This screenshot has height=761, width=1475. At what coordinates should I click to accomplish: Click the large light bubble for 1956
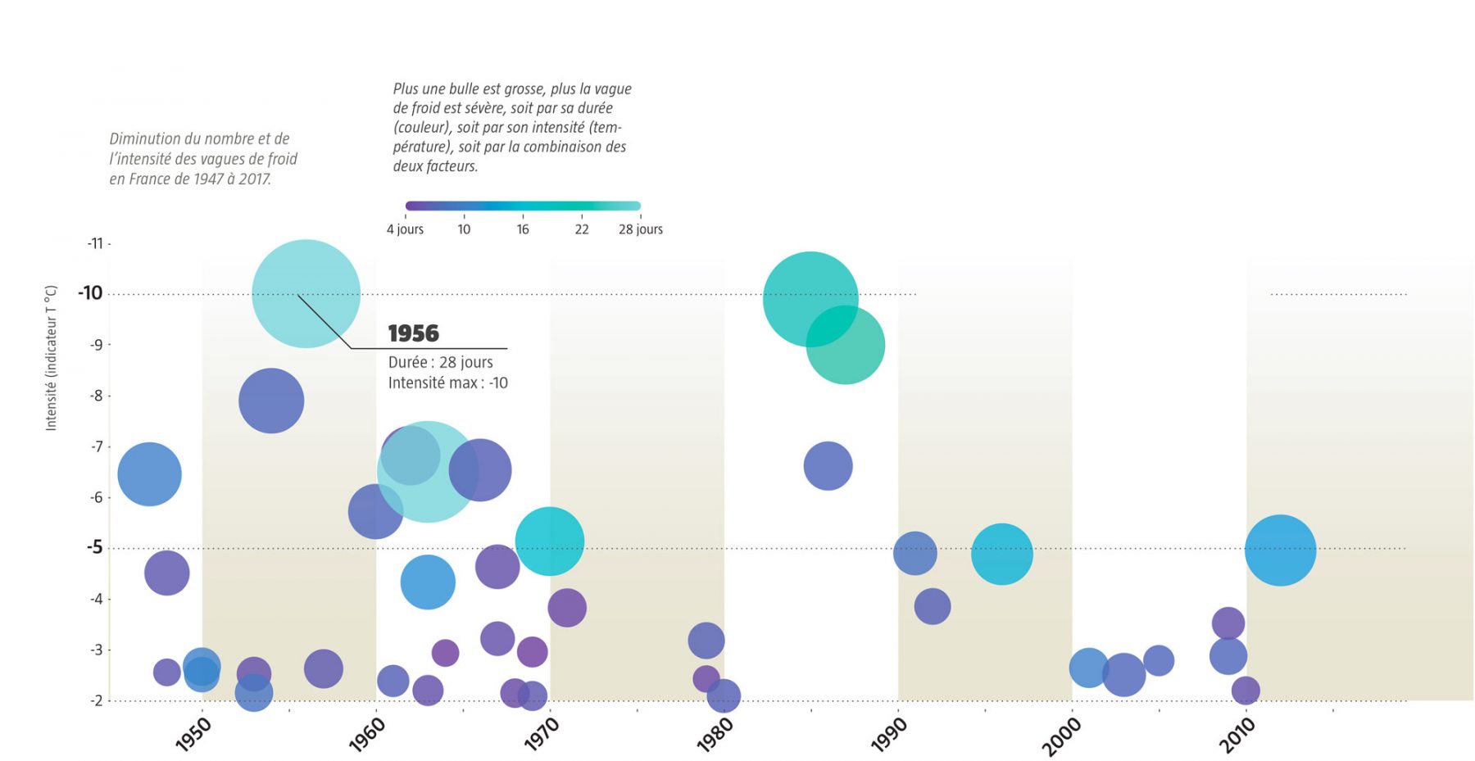point(306,293)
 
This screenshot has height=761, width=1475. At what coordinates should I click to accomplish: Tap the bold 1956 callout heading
point(413,333)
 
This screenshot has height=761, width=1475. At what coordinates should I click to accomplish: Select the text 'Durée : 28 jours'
point(440,362)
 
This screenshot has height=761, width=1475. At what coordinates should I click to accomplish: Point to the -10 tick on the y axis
point(90,293)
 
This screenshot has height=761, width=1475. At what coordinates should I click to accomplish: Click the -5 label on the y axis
point(94,547)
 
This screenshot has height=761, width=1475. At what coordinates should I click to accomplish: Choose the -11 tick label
point(95,243)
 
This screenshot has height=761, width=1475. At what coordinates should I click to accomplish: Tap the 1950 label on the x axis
point(193,734)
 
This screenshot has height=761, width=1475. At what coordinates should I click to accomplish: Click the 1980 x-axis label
point(715,734)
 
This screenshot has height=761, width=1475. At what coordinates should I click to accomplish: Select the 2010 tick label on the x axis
point(1237,734)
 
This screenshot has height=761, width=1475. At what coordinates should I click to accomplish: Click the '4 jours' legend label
point(405,229)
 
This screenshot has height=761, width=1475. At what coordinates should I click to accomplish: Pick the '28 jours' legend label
point(640,229)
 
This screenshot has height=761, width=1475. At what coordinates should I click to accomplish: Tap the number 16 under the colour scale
point(523,229)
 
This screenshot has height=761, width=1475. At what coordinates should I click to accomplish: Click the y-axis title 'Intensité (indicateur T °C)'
point(51,358)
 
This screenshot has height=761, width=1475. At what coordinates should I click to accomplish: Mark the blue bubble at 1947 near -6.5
point(149,473)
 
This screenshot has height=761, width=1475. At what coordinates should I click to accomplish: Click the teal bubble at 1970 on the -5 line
point(549,541)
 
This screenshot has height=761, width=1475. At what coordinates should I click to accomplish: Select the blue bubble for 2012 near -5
point(1280,550)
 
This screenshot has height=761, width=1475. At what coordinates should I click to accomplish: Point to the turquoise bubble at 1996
point(1001,554)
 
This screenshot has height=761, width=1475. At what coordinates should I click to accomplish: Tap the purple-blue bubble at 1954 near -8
point(271,401)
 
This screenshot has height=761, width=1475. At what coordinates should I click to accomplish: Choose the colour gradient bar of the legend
point(523,206)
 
